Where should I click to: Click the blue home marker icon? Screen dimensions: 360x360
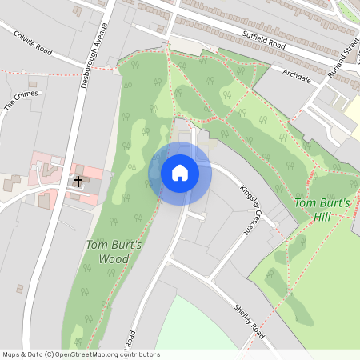click(x=180, y=173)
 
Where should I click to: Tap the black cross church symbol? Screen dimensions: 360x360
click(x=78, y=182)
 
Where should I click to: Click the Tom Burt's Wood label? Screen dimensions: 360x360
click(x=114, y=252)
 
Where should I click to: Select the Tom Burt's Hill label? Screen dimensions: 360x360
click(x=323, y=210)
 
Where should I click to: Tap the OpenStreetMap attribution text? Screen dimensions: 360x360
click(x=81, y=354)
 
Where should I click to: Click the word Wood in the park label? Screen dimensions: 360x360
click(x=114, y=259)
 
